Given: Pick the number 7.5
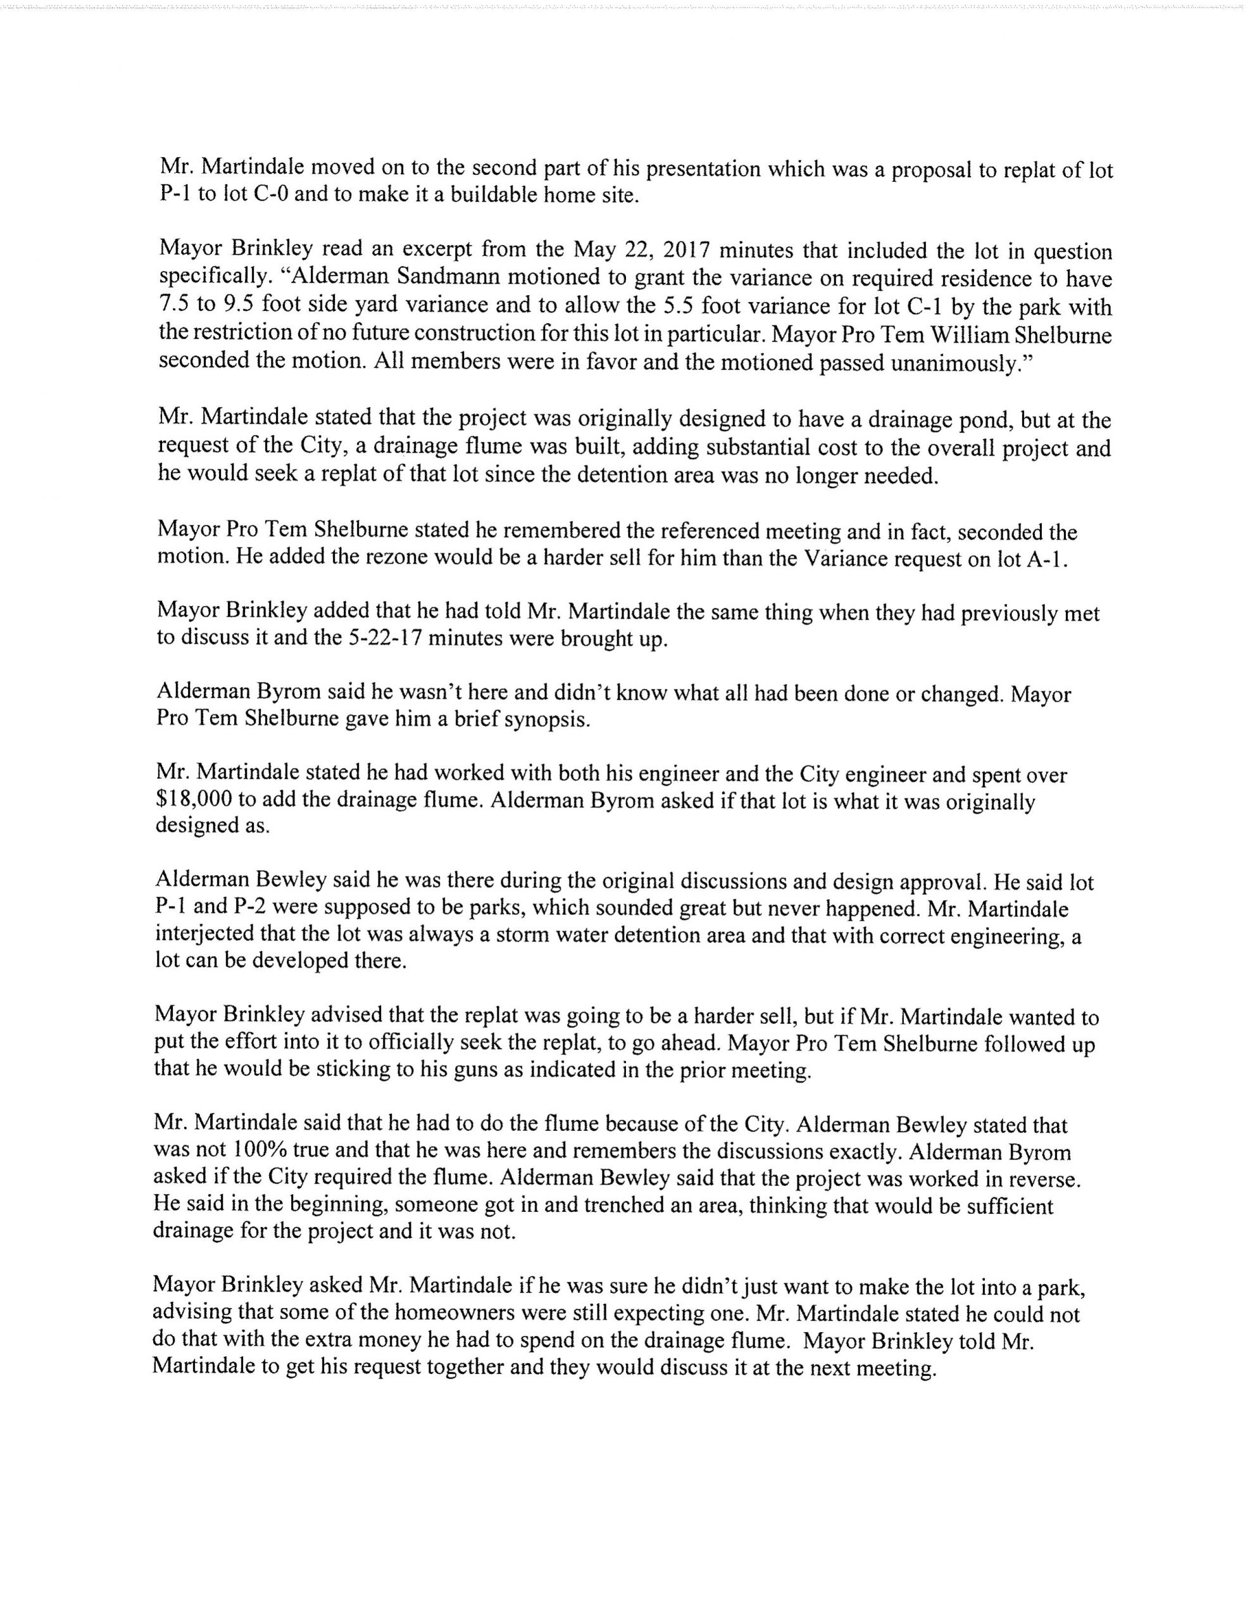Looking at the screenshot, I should coord(176,306).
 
